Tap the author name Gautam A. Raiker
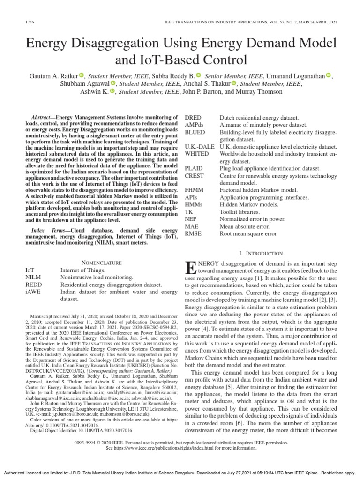click(52, 76)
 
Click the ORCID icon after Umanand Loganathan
click(328, 75)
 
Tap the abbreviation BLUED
click(195, 132)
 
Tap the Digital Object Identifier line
click(81, 429)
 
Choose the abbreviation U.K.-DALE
click(200, 147)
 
